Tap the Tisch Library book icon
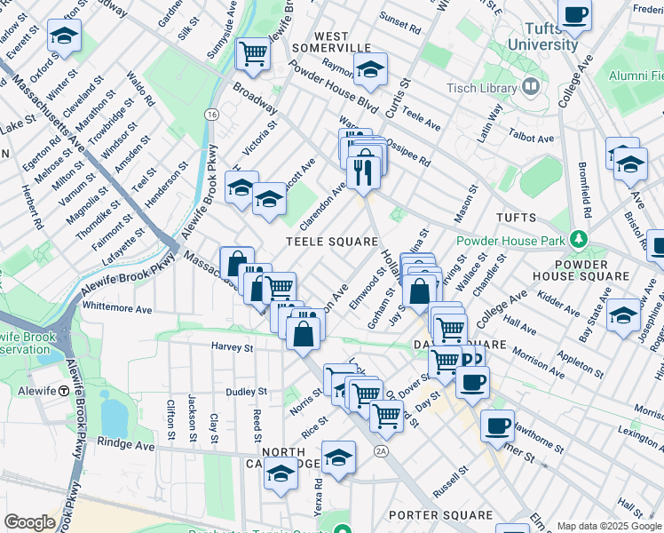532,88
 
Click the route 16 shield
211,115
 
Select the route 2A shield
381,451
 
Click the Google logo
29,522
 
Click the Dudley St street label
246,391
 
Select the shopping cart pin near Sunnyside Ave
253,53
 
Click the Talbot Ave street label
532,139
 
